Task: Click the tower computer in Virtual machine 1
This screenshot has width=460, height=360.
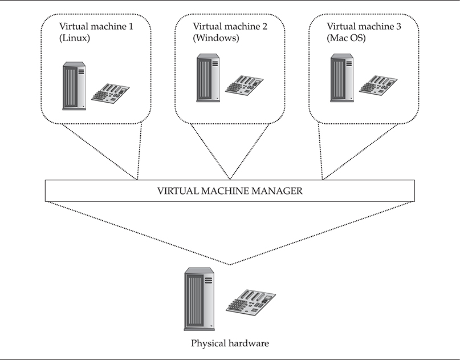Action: pos(74,86)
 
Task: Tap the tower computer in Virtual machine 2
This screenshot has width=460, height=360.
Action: pos(207,78)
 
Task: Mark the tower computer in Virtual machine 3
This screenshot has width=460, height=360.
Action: pos(341,78)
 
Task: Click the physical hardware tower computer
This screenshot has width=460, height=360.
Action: pos(199,300)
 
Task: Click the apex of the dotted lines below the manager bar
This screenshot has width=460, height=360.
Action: pos(230,265)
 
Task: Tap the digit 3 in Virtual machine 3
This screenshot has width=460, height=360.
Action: pos(399,26)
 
